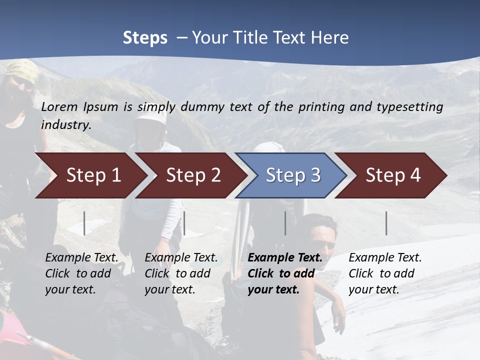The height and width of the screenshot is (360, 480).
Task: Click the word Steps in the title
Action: (x=145, y=38)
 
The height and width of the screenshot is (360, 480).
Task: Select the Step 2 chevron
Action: (x=193, y=175)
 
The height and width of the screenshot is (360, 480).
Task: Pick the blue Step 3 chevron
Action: (x=293, y=175)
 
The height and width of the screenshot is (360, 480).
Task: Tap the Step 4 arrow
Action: (x=393, y=175)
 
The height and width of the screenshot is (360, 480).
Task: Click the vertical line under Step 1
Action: (x=84, y=223)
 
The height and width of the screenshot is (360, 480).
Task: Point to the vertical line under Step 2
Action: (x=184, y=223)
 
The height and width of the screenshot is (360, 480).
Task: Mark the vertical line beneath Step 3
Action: (x=285, y=223)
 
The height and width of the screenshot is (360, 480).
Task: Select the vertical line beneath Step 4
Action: (x=386, y=223)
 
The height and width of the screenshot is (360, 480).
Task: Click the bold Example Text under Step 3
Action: (x=285, y=257)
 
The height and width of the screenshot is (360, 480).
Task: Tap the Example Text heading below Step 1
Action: (x=81, y=257)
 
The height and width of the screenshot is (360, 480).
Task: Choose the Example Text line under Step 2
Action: (x=181, y=257)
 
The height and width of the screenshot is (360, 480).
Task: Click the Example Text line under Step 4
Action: (x=385, y=257)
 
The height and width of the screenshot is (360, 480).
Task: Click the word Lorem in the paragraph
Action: (x=59, y=106)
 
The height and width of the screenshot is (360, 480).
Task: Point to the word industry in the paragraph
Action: (x=65, y=124)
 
